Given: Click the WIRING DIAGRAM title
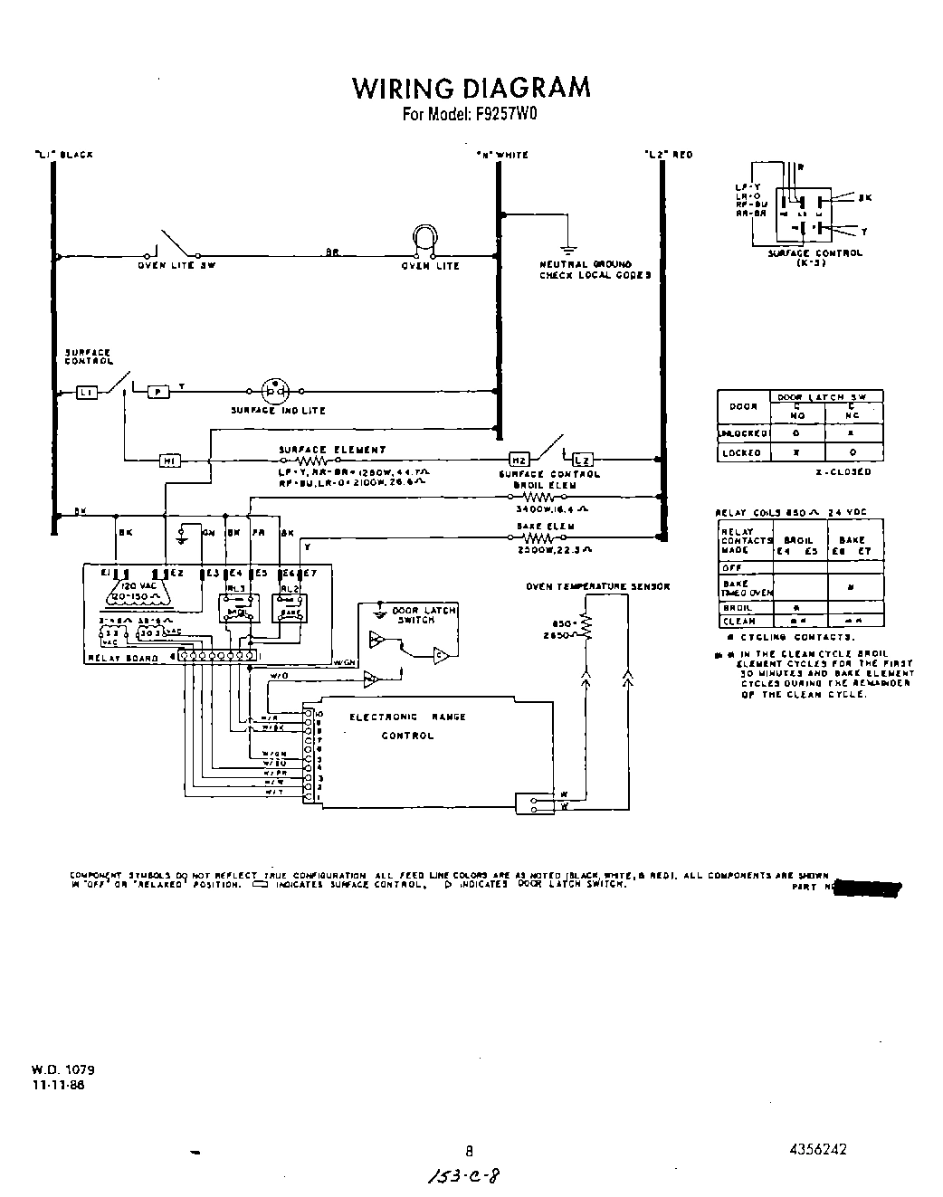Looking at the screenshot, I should pyautogui.click(x=471, y=88).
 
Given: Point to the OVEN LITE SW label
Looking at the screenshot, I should pyautogui.click(x=176, y=266).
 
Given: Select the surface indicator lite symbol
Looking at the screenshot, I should pyautogui.click(x=274, y=392).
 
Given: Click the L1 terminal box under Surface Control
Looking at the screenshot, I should pyautogui.click(x=87, y=392).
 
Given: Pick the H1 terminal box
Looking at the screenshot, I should pyautogui.click(x=169, y=461).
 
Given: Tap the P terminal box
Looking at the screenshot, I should pyautogui.click(x=157, y=392).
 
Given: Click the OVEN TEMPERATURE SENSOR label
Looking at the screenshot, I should pyautogui.click(x=597, y=586).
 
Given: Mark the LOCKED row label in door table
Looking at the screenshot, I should pyautogui.click(x=742, y=452).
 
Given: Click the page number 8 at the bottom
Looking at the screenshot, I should pyautogui.click(x=469, y=1152).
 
